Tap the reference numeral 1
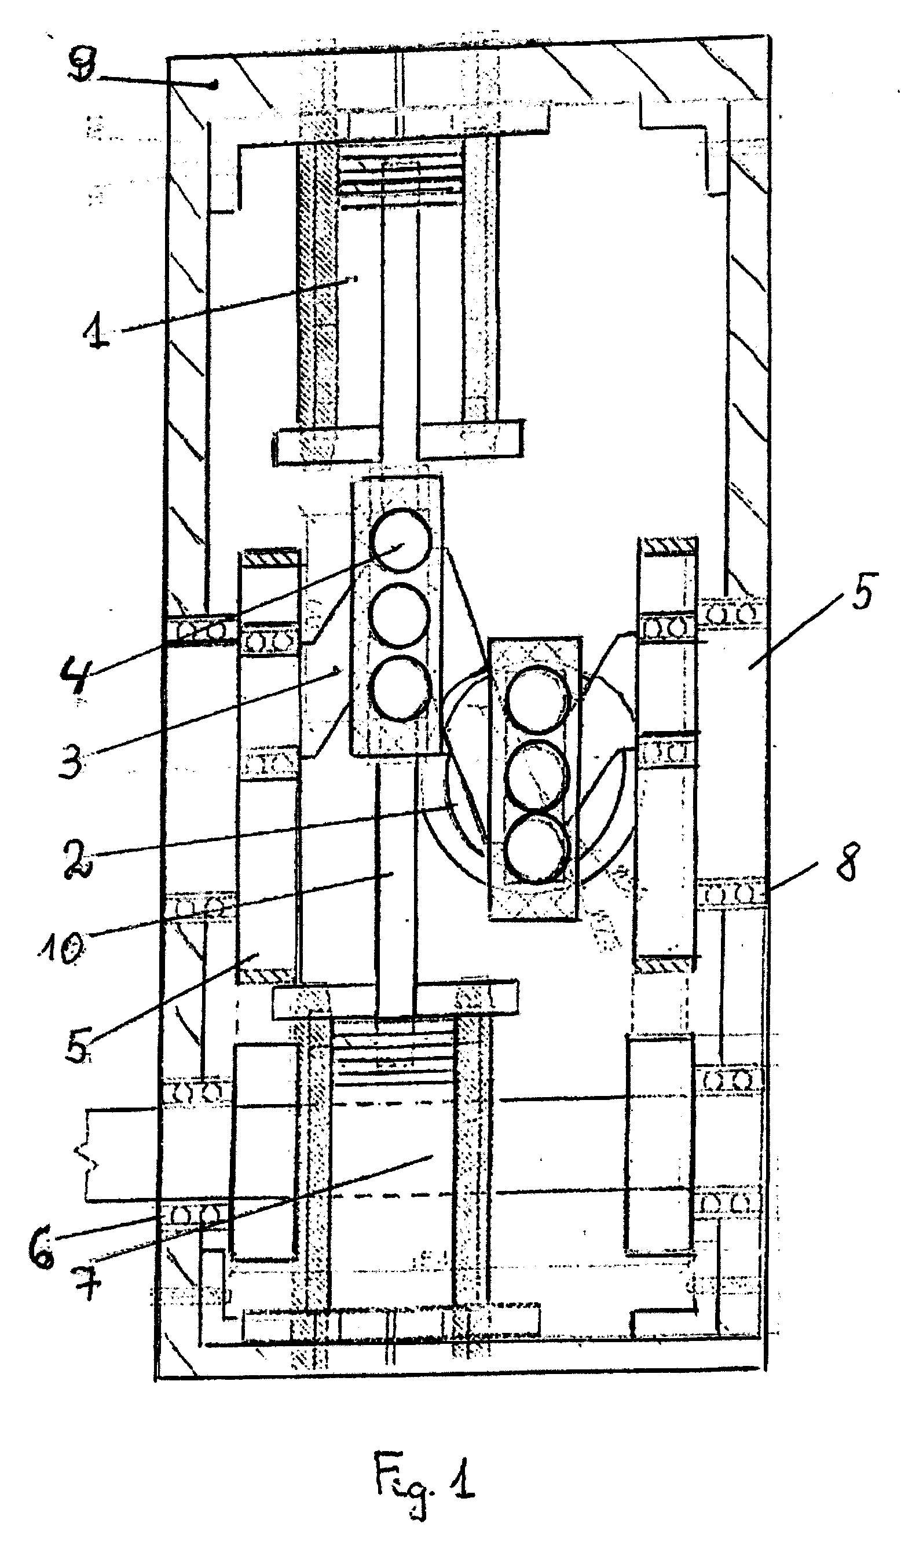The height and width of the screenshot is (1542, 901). [97, 332]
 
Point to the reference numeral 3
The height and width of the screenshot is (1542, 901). [72, 757]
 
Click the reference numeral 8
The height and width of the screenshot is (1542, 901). [847, 861]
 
